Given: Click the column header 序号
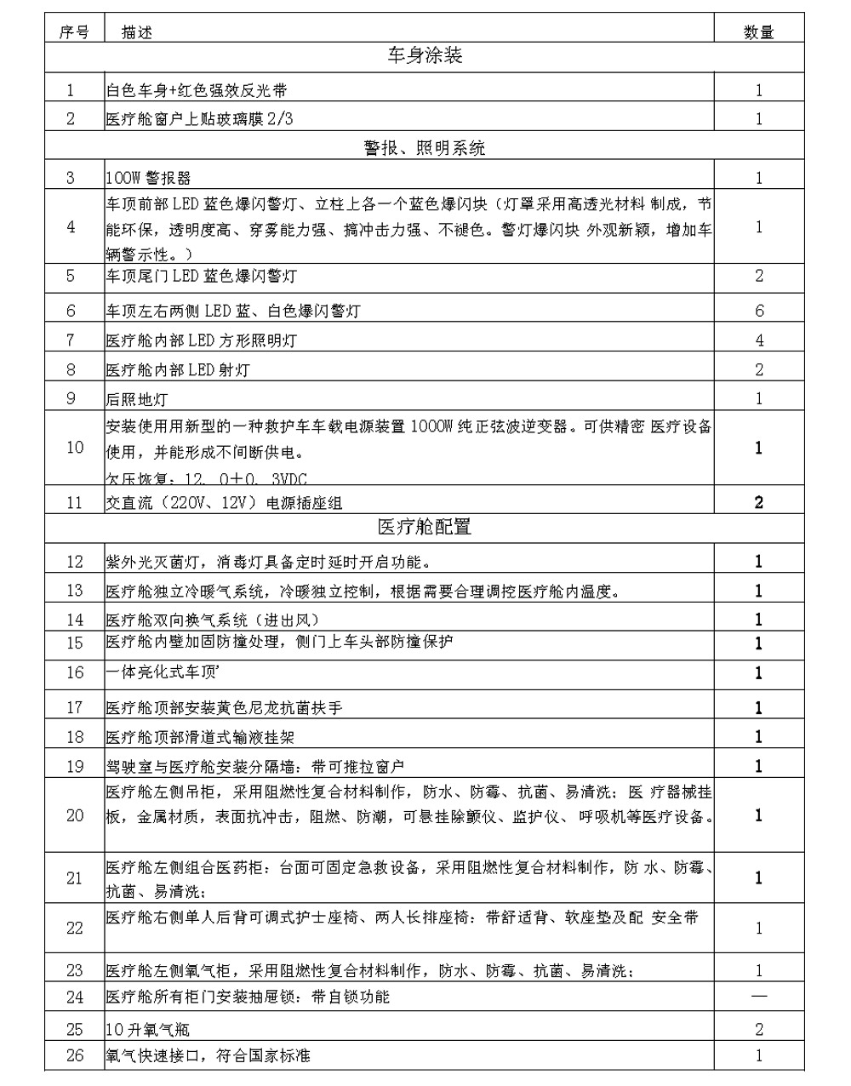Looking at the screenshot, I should [74, 32].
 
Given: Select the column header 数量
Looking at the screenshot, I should [758, 32].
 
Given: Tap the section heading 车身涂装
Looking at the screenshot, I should [425, 57].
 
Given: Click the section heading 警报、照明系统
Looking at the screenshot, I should [425, 148].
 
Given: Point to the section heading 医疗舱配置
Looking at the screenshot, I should [425, 527].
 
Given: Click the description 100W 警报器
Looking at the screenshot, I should [149, 178].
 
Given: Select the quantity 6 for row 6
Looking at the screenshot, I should [759, 311].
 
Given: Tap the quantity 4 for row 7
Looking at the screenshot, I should [759, 340].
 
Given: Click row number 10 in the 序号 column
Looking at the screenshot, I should [74, 448].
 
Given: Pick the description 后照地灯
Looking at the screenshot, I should [137, 398].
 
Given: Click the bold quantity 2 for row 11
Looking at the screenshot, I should [759, 502].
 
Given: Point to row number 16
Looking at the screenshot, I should [74, 672].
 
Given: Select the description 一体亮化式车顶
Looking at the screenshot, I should [162, 672].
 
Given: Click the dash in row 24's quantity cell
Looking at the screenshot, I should [759, 997].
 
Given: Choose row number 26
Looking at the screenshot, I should [74, 1055].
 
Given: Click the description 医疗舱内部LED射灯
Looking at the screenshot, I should [178, 369].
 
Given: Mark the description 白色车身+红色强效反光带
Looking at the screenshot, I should [197, 90].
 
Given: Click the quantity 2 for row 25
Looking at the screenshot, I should [759, 1029].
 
